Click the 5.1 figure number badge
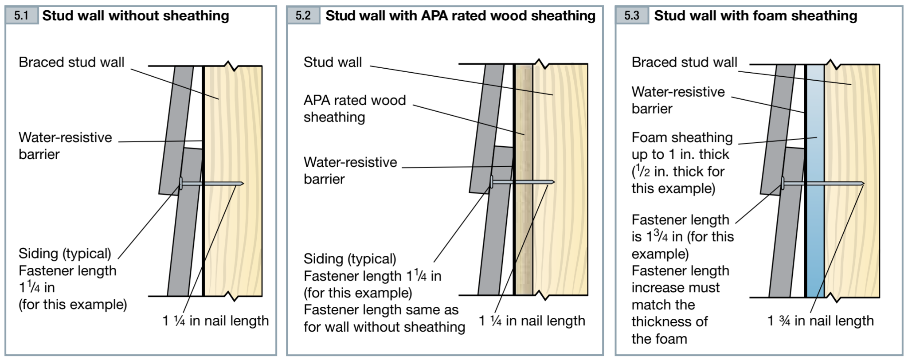tap(21, 16)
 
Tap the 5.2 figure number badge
tap(303, 16)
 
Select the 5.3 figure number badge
tap(631, 16)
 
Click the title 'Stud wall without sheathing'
tap(135, 16)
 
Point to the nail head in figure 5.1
tap(181, 183)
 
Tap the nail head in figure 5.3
tap(783, 182)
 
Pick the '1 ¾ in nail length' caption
tap(820, 321)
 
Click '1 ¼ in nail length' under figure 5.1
tap(215, 321)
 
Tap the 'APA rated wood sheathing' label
tap(354, 109)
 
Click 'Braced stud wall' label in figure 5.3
tap(684, 62)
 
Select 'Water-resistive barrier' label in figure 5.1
tap(65, 145)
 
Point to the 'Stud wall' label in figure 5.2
tap(333, 62)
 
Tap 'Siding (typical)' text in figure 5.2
tap(350, 259)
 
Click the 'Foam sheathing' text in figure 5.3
tap(682, 137)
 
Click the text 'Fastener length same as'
tap(381, 310)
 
